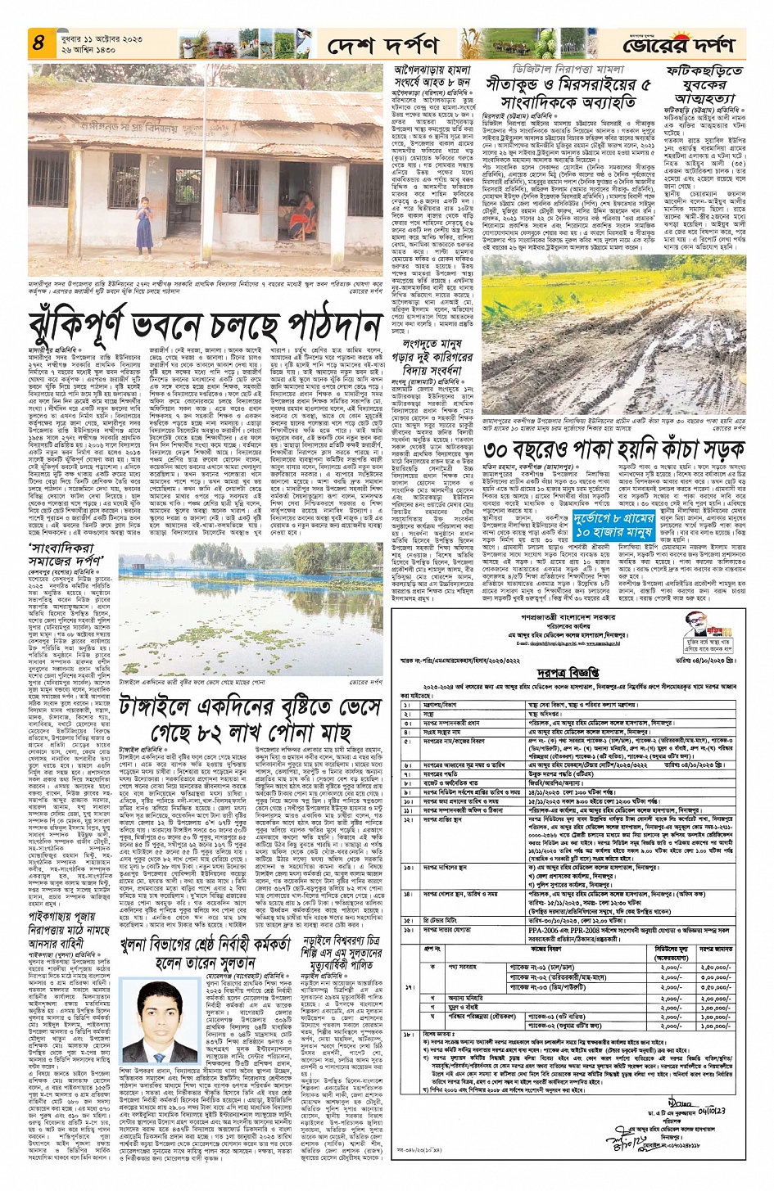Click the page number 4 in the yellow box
(x=37, y=43)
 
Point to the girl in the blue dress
(x=146, y=220)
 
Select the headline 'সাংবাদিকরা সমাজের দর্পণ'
(x=66, y=555)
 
